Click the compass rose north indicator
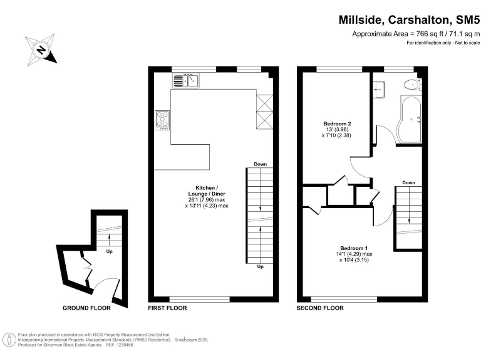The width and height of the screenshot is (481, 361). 41,50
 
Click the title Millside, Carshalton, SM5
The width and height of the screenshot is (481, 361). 409,20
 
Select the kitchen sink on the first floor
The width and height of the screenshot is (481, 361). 185,80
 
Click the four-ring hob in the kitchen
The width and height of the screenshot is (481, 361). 163,118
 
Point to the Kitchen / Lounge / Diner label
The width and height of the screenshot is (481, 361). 207,196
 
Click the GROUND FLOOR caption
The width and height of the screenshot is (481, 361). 86,308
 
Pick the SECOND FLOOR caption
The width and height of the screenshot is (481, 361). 320,308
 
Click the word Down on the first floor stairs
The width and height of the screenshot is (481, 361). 260,165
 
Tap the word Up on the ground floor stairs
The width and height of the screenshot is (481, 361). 109,252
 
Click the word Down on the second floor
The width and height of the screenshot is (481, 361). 408,183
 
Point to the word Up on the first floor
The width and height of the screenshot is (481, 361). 260,266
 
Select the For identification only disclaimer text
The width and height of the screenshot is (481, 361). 443,43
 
